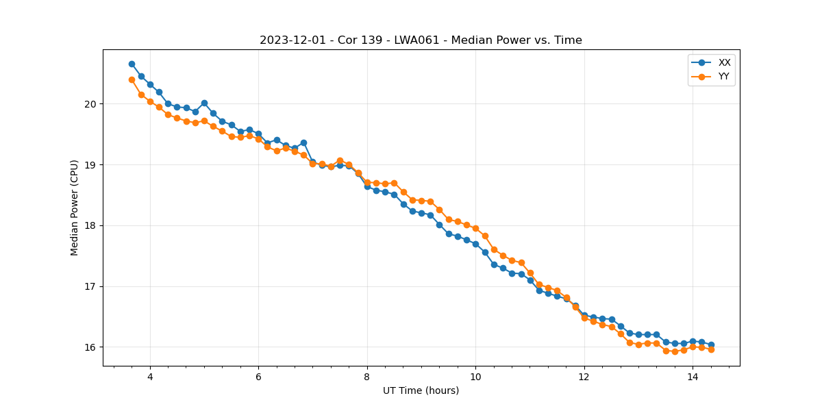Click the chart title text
421,40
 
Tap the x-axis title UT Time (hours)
421,390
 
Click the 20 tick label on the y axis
90,104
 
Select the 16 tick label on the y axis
90,347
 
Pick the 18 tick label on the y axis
90,225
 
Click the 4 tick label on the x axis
150,376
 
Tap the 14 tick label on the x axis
693,376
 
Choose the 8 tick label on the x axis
367,376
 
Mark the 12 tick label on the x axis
584,376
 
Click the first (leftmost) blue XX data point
132,64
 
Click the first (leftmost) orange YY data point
132,79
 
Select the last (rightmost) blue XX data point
711,345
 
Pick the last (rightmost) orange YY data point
711,349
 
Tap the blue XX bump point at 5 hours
204,103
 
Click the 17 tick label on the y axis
90,286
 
